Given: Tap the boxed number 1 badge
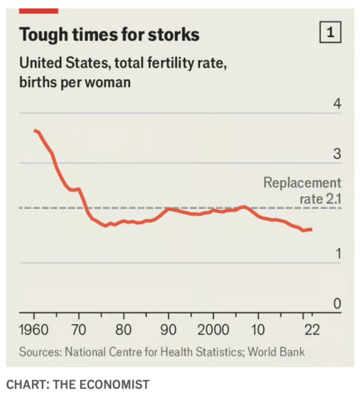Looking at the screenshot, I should pyautogui.click(x=331, y=33).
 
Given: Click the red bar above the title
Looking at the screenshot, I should pyautogui.click(x=39, y=11).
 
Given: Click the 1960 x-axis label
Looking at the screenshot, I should pyautogui.click(x=34, y=330).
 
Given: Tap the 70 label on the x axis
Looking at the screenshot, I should pyautogui.click(x=78, y=330).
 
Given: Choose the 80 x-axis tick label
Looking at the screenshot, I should pyautogui.click(x=123, y=330).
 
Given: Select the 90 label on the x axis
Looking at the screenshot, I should pyautogui.click(x=168, y=330).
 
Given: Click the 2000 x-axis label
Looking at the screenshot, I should pyautogui.click(x=213, y=330).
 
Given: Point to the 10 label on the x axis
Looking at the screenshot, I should pyautogui.click(x=258, y=330).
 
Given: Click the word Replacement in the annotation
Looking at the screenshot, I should pyautogui.click(x=302, y=183).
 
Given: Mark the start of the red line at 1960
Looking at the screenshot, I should pyautogui.click(x=34, y=130).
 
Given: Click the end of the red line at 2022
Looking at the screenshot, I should pyautogui.click(x=311, y=229).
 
